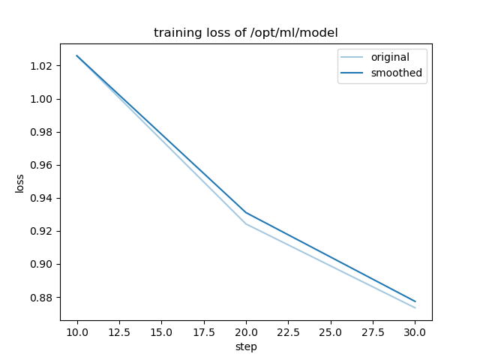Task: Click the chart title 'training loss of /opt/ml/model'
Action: coord(246,33)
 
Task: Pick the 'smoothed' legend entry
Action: coord(396,73)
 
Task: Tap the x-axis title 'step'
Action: coord(246,346)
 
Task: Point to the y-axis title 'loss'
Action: coord(20,183)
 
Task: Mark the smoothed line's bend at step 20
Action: coord(246,212)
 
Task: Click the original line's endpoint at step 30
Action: coord(415,307)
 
